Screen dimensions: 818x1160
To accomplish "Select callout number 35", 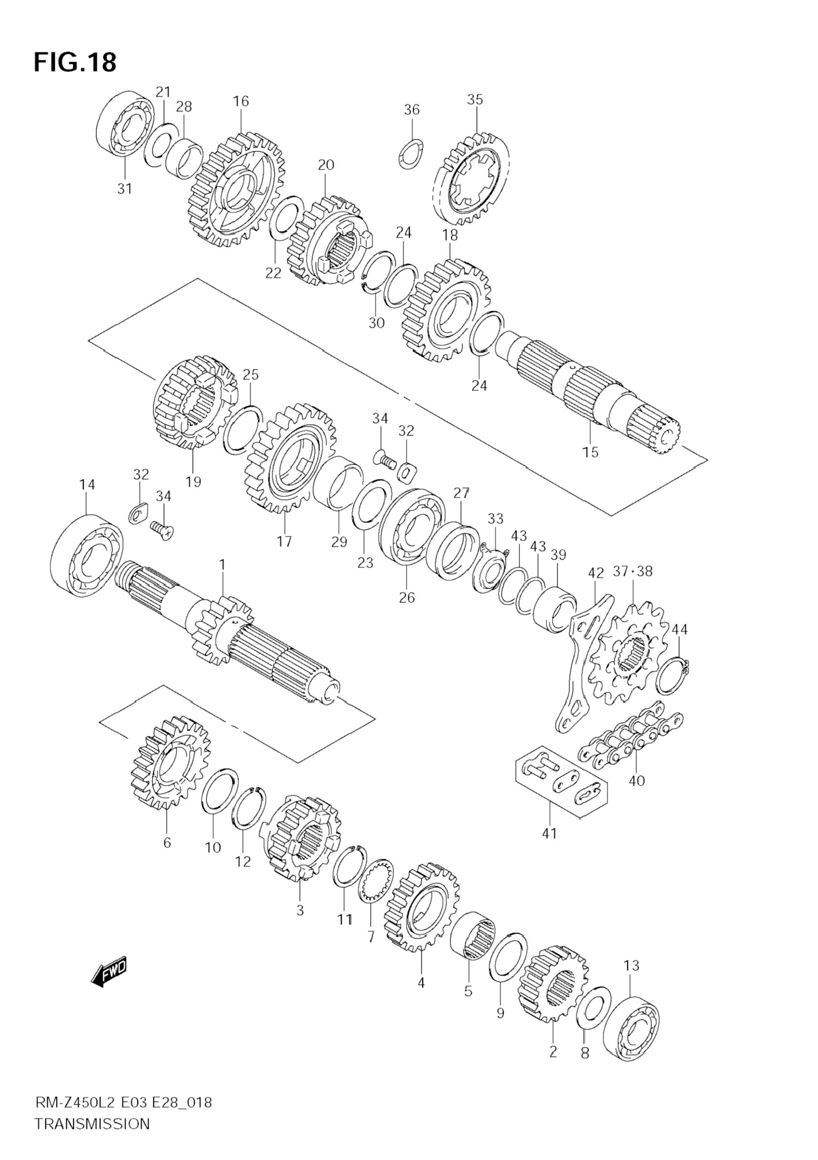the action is click(475, 100).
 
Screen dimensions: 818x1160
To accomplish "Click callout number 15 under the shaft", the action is click(590, 452).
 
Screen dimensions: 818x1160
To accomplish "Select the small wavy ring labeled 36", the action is click(412, 154).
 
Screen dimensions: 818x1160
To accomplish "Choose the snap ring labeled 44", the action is click(672, 675).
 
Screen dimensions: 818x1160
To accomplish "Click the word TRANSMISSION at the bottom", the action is click(93, 1136).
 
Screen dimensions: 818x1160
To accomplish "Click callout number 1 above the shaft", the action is click(222, 564).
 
